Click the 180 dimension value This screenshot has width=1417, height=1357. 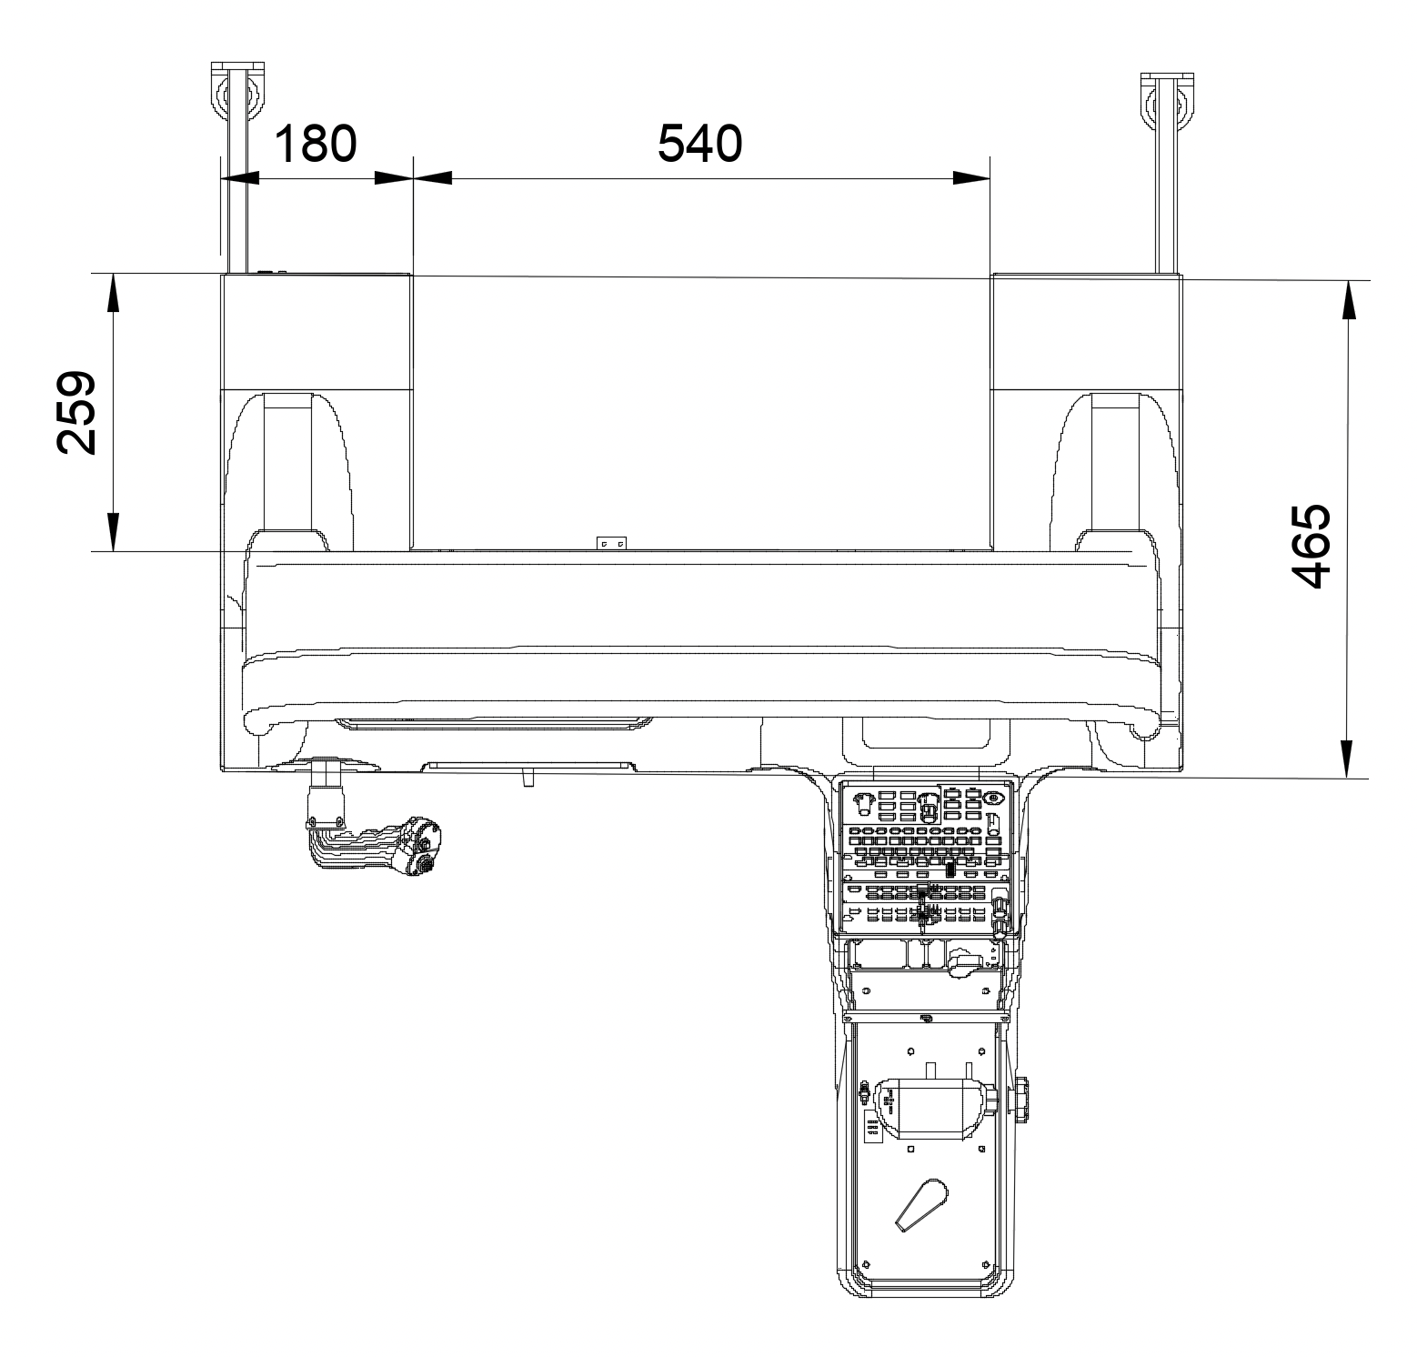pos(315,144)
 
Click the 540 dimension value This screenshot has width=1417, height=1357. pos(700,144)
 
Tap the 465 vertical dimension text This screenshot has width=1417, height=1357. pos(1311,546)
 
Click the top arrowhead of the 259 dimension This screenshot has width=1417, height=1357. pos(114,292)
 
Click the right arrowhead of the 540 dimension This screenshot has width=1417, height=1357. pos(971,177)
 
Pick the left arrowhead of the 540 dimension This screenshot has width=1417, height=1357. pos(432,177)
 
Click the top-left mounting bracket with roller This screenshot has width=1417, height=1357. pos(236,168)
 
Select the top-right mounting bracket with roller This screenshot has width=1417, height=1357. pos(1165,173)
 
